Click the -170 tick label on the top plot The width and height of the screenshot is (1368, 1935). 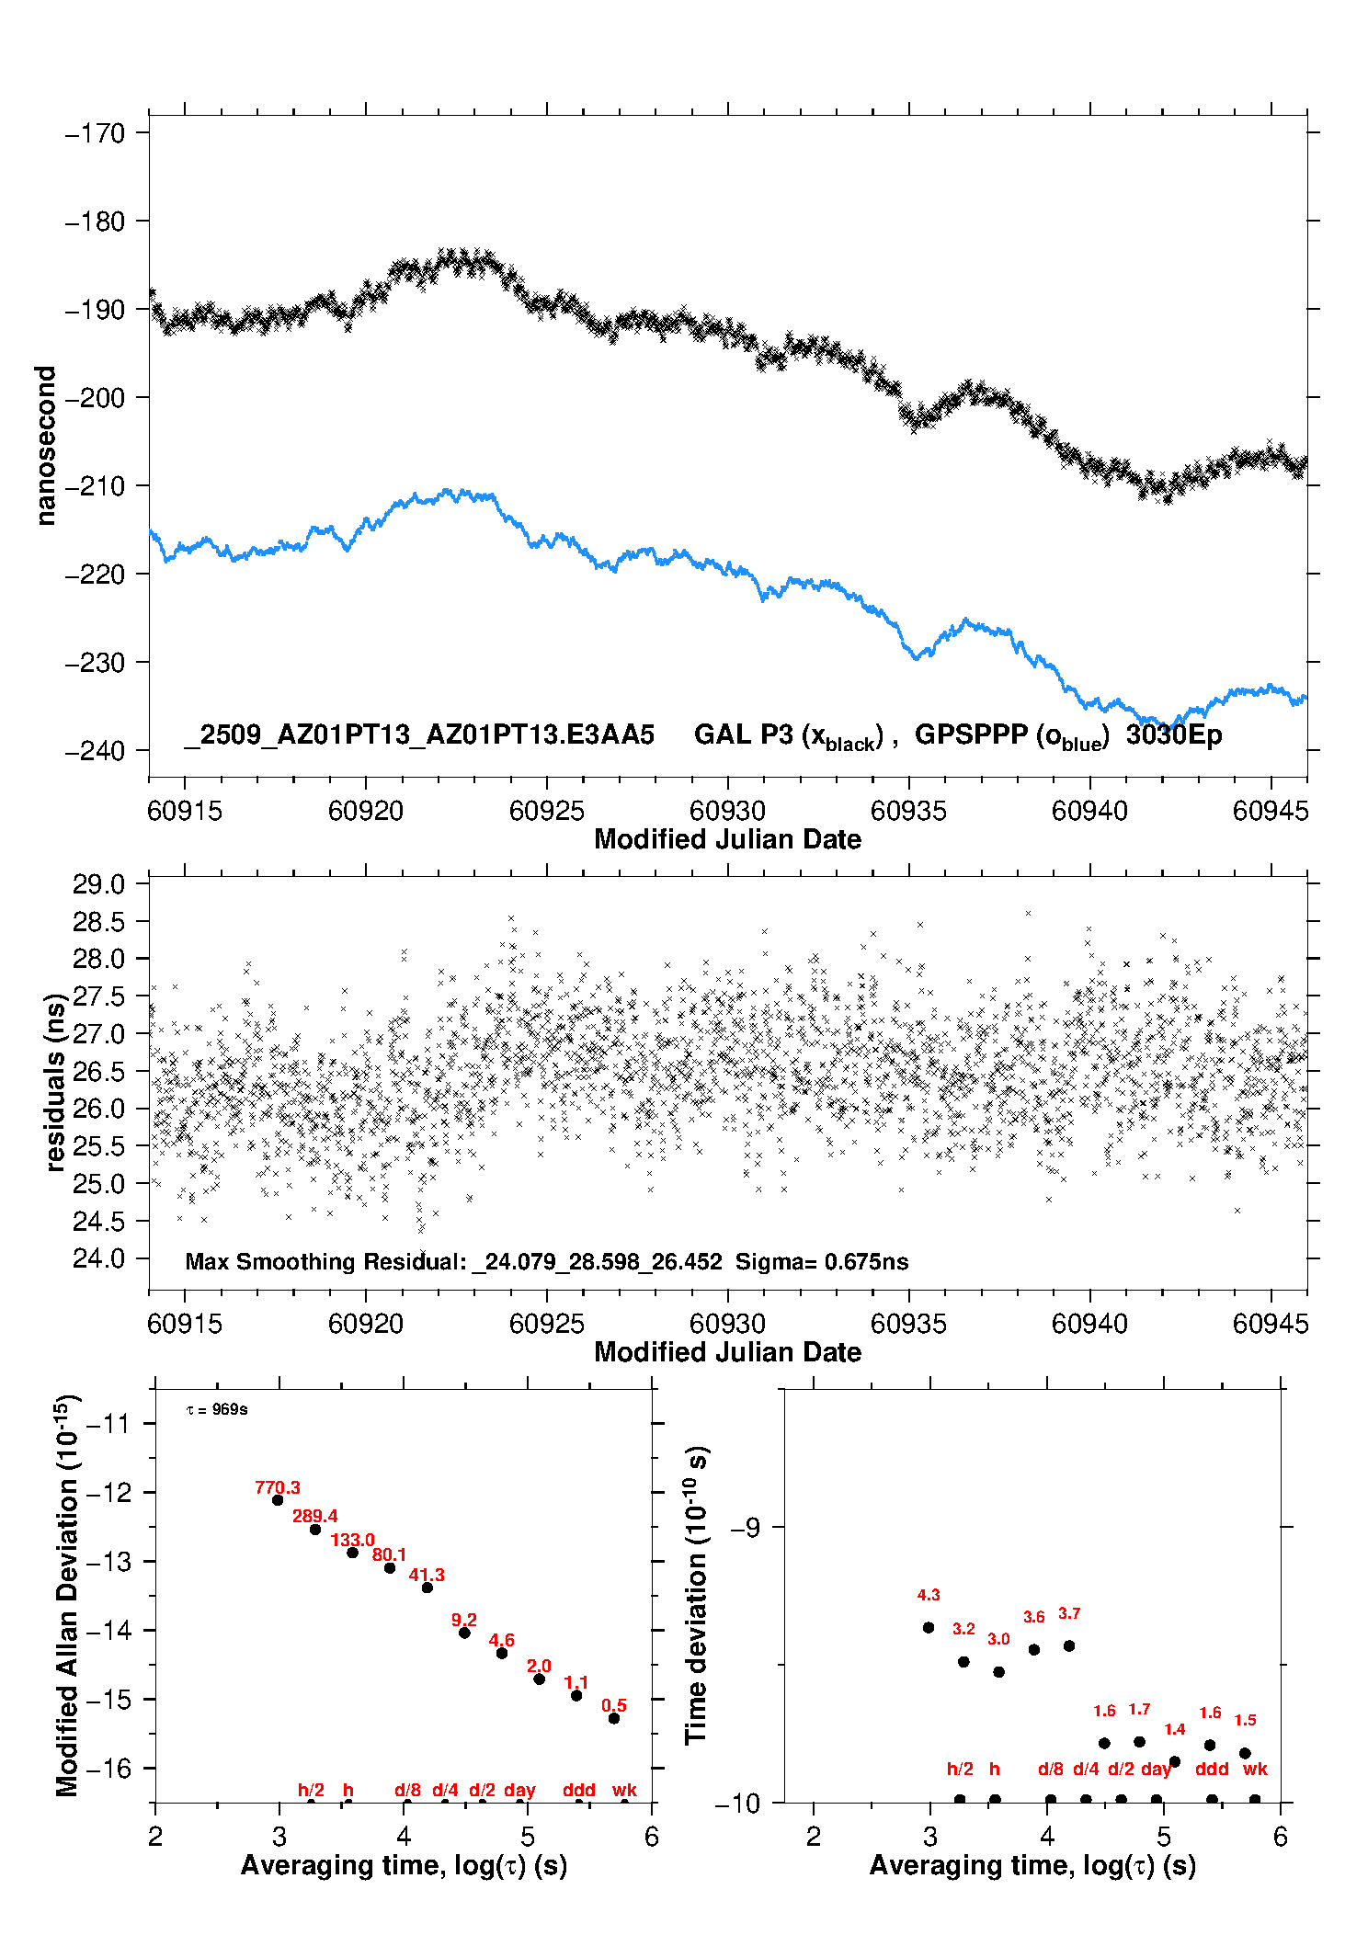[95, 133]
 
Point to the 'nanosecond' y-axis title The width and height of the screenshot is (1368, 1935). [45, 446]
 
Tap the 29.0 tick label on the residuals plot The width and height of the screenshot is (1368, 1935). [98, 884]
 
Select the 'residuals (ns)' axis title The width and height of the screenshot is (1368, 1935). [56, 1082]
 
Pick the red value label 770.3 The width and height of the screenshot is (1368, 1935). [278, 1487]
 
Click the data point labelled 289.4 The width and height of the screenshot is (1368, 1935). [315, 1530]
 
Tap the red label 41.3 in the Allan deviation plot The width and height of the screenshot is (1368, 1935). [427, 1575]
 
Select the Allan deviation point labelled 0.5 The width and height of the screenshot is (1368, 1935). [614, 1718]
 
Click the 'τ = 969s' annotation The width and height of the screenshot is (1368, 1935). [217, 1410]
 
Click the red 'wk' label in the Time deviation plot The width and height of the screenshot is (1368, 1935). [1255, 1769]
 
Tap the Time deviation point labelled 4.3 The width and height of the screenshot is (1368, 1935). [929, 1627]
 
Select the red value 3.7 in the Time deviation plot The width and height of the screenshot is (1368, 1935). [1069, 1613]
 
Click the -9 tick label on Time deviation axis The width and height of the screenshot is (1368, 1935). [746, 1528]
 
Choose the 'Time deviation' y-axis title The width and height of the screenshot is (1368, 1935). [697, 1596]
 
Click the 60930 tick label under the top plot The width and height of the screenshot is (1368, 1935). [727, 811]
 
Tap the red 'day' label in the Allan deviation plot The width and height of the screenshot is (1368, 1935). [519, 1790]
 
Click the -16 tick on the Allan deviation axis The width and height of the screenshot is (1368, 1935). [108, 1768]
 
